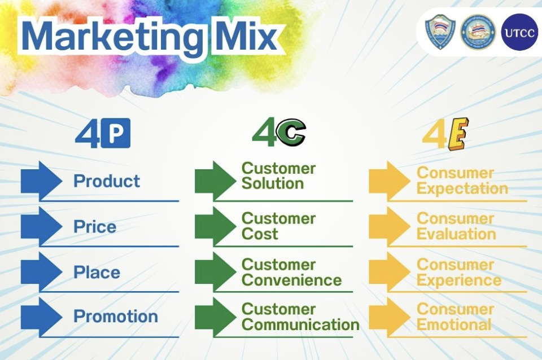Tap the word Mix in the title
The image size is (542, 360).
[x=246, y=35]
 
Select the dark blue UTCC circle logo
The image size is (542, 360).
[x=519, y=32]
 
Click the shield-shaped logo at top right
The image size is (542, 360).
[x=440, y=32]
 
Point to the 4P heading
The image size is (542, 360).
[x=103, y=133]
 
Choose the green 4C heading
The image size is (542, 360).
[x=279, y=133]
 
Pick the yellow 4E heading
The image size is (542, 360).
[x=445, y=134]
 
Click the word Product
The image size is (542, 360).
[x=107, y=181]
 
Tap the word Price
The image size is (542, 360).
[x=95, y=227]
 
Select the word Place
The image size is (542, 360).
[x=97, y=272]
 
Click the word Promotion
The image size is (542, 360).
[x=116, y=316]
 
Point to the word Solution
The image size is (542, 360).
[x=273, y=183]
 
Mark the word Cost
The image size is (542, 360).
[x=260, y=234]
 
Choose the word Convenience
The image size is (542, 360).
[x=292, y=280]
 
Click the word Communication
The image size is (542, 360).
[x=301, y=325]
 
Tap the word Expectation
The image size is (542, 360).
[x=462, y=188]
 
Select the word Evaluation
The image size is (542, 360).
[x=456, y=234]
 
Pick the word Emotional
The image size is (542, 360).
[x=454, y=325]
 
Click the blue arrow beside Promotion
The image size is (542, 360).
[x=41, y=317]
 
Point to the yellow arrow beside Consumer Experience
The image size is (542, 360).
[x=390, y=272]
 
